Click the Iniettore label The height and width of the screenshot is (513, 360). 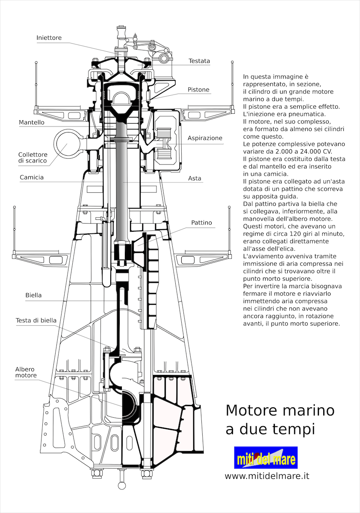tap(49, 38)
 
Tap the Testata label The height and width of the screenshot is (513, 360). tap(199, 61)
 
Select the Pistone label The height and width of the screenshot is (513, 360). tap(198, 90)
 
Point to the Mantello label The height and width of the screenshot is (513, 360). tap(32, 122)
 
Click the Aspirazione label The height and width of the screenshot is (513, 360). tap(205, 138)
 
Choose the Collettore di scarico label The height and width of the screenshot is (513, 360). tap(32, 158)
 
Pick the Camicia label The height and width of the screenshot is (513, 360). tap(32, 177)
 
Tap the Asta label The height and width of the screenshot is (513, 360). tap(195, 178)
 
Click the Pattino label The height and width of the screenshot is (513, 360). tap(201, 223)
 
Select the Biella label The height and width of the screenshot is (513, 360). tap(33, 295)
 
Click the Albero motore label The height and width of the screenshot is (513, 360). tap(26, 372)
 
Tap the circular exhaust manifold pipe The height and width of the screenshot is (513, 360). tap(67, 143)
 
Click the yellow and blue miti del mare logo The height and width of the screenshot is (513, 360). tap(266, 458)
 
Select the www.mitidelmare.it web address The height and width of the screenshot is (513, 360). tap(267, 476)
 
